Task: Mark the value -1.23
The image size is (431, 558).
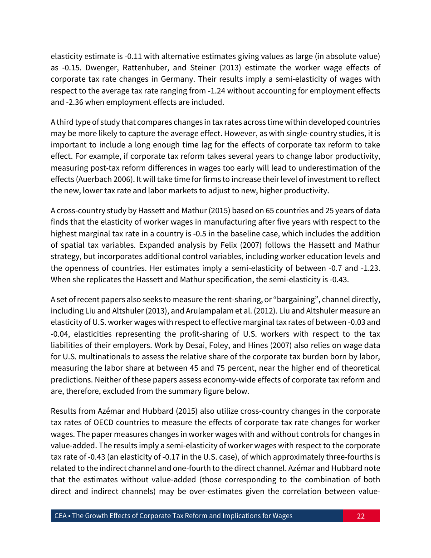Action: pos(369,268)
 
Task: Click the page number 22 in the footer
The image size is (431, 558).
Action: pos(361,516)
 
